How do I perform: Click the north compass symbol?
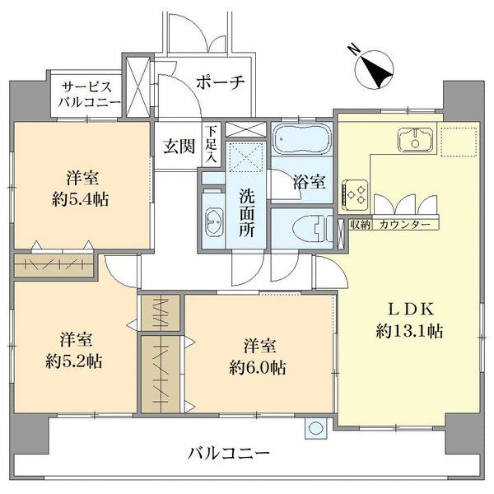374,70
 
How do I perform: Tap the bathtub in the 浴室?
302,139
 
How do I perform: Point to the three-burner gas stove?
355,193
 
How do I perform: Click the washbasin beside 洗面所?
214,221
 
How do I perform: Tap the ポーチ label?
221,82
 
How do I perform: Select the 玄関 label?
179,147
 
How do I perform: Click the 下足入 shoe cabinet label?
211,145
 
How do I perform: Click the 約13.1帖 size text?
409,331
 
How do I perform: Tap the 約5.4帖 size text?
81,199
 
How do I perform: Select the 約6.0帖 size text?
258,367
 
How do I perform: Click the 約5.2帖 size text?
74,361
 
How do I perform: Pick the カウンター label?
405,225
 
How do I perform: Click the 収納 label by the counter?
360,225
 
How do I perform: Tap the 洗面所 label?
246,213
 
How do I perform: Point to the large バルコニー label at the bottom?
229,454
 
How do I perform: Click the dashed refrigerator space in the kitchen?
459,142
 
